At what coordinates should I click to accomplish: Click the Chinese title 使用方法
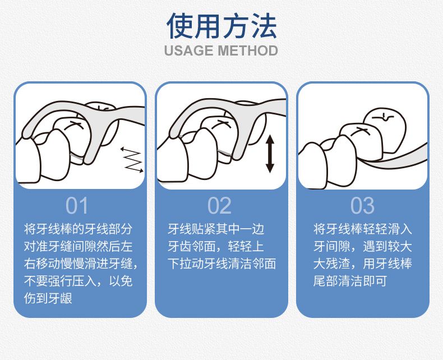(221, 26)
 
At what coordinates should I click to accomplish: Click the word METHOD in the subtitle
(248, 50)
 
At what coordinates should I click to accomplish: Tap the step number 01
(77, 206)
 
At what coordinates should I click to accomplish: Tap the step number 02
(219, 206)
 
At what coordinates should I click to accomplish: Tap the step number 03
(362, 206)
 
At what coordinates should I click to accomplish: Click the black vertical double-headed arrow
(270, 154)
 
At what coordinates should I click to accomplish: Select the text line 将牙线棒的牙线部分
(78, 229)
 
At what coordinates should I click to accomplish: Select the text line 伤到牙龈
(48, 298)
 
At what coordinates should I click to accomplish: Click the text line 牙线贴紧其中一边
(216, 229)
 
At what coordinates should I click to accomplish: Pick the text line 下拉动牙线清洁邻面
(221, 264)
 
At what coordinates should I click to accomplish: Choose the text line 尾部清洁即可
(350, 281)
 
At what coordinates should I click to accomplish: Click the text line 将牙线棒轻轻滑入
(362, 229)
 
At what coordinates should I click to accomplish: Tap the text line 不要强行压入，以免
(78, 281)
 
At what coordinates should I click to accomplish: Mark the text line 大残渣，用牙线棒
(362, 264)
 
